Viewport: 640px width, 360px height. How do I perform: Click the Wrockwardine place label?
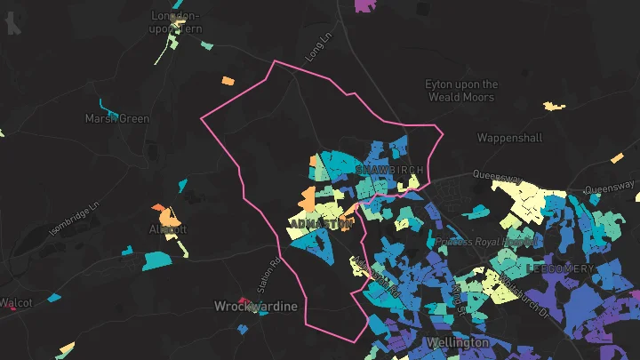pyautogui.click(x=256, y=307)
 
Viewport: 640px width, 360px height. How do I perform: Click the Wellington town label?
pyautogui.click(x=458, y=342)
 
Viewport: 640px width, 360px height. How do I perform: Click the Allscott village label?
pyautogui.click(x=168, y=229)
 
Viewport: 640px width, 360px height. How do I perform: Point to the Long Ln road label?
pyautogui.click(x=317, y=48)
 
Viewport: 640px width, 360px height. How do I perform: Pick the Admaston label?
pyautogui.click(x=321, y=221)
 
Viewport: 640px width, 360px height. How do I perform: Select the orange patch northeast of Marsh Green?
pyautogui.click(x=228, y=81)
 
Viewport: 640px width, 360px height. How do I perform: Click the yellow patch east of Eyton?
pyautogui.click(x=554, y=107)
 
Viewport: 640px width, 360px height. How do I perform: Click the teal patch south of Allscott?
pyautogui.click(x=156, y=261)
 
